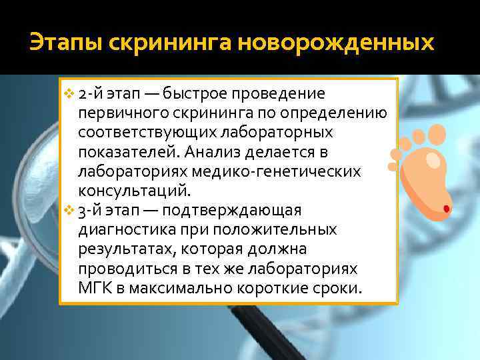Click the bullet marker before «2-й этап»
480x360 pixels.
tap(69, 92)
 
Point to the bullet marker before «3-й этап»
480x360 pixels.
tap(69, 211)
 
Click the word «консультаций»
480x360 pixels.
tap(134, 191)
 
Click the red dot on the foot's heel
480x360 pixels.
tap(445, 209)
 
